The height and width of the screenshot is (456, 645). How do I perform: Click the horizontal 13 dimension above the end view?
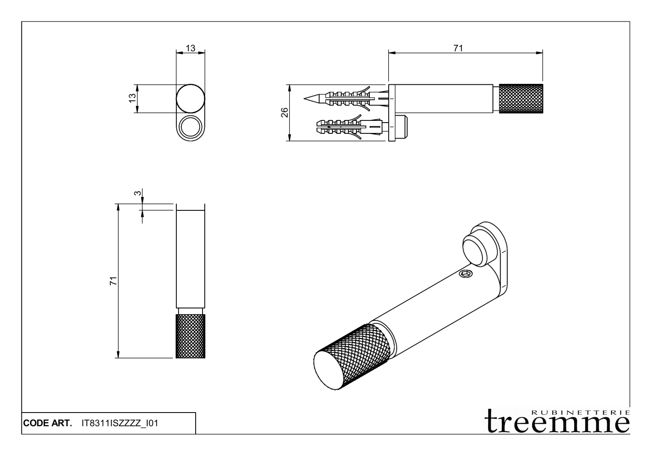coord(190,48)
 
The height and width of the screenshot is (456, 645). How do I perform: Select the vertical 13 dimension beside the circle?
coord(133,99)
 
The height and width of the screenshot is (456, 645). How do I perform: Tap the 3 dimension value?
coord(137,194)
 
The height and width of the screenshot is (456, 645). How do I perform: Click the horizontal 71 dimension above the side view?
coord(458,48)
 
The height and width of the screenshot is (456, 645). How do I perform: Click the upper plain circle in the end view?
coord(190,99)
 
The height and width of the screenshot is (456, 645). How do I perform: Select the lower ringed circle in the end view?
coord(190,128)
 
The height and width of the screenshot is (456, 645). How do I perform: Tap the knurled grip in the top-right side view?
coord(521,99)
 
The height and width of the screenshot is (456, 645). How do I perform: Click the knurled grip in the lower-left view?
coord(190,336)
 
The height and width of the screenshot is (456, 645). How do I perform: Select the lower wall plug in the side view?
coord(348,127)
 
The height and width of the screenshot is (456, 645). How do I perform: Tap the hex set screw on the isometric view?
coord(465,274)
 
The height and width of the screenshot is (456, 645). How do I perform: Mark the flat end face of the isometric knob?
coord(329,372)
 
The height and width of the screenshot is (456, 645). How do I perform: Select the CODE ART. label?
coord(47,423)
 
